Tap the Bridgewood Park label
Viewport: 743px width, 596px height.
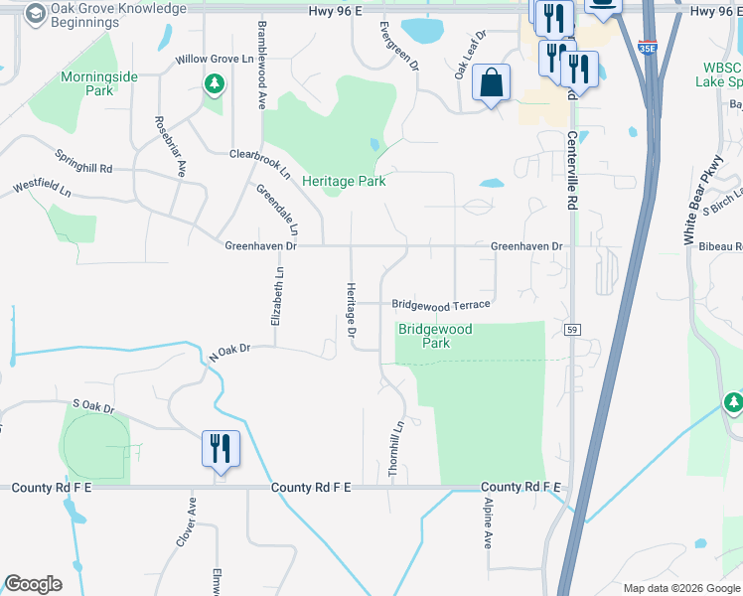tap(435, 336)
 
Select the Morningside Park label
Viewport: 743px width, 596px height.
tap(100, 83)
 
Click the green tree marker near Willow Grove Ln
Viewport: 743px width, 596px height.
tap(213, 84)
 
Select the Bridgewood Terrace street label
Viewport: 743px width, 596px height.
tap(441, 305)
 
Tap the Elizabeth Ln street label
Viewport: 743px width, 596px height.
tap(279, 296)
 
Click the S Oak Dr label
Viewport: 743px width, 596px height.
tap(93, 407)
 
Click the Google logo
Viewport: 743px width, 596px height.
tap(33, 583)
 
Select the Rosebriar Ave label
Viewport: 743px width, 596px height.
tap(170, 146)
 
